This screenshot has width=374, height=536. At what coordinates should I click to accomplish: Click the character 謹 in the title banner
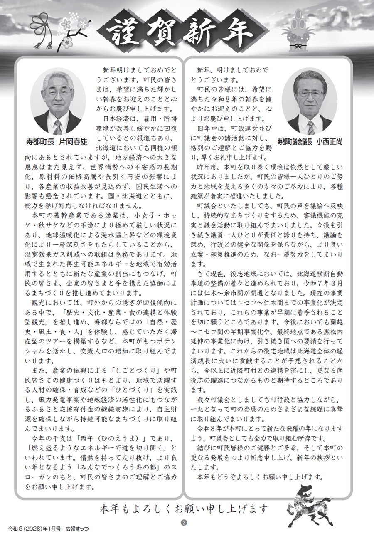[123, 34]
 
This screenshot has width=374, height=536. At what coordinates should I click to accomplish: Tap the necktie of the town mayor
[58, 126]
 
